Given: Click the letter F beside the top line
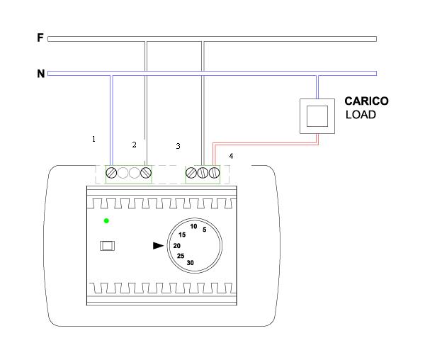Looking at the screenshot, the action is pos(40,38).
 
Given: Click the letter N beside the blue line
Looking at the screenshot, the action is pos(40,74).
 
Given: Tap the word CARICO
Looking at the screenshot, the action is pos(366,101).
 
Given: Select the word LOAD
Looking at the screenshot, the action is pos(361,115).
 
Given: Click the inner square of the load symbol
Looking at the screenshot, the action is pos(317,116).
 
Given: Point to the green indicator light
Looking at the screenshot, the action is pos(106,221).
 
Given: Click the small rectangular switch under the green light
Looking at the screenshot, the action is pos(108,246).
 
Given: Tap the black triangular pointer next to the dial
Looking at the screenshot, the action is pos(158,246).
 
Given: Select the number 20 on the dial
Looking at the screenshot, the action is pos(176,246).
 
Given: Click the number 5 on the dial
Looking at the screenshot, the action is pos(205,230).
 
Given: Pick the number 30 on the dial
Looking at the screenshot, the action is pos(191,263).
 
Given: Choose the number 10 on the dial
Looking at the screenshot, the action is pos(193,226).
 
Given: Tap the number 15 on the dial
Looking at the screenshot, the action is pos(182,235).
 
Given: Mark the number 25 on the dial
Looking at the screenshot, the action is pos(181,256).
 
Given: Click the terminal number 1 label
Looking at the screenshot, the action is pos(93,139).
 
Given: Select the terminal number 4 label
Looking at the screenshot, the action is pos(231,156).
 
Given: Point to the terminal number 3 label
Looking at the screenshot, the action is pos(178,146).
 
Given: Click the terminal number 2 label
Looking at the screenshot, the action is pos(134,145).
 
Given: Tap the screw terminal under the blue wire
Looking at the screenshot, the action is pos(111,173).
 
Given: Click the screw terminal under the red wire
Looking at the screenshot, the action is pos(214,172).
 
